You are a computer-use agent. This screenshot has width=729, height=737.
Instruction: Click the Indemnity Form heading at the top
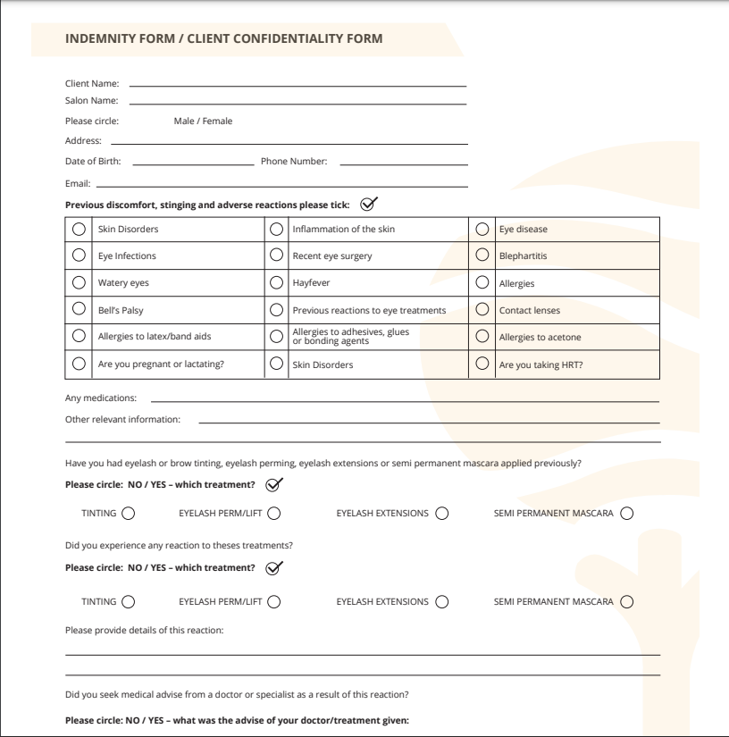[x=224, y=38]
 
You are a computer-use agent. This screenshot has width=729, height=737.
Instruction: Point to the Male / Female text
[x=203, y=121]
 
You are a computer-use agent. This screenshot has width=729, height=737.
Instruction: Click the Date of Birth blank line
[x=192, y=163]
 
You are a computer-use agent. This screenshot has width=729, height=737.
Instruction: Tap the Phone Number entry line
[x=404, y=163]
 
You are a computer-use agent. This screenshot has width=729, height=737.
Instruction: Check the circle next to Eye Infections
[x=80, y=255]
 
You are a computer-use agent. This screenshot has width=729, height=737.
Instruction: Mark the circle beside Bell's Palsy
[x=80, y=310]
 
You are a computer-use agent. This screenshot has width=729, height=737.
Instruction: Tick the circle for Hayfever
[x=276, y=283]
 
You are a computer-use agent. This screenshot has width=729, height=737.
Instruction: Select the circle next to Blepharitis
[x=482, y=255]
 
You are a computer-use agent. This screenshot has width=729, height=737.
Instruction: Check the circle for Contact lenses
[x=482, y=310]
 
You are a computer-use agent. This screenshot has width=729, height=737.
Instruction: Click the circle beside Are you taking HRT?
[x=482, y=364]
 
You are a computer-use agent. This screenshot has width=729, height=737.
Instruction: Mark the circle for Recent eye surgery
[x=276, y=255]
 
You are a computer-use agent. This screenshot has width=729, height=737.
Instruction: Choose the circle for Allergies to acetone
[x=482, y=337]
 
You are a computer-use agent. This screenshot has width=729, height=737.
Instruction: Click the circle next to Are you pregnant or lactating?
[x=80, y=364]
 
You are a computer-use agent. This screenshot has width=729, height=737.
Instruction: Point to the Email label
[x=77, y=184]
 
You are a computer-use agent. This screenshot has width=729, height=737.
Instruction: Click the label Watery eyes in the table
[x=123, y=283]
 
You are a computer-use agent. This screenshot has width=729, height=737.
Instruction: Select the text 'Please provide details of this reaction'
[x=145, y=631]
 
